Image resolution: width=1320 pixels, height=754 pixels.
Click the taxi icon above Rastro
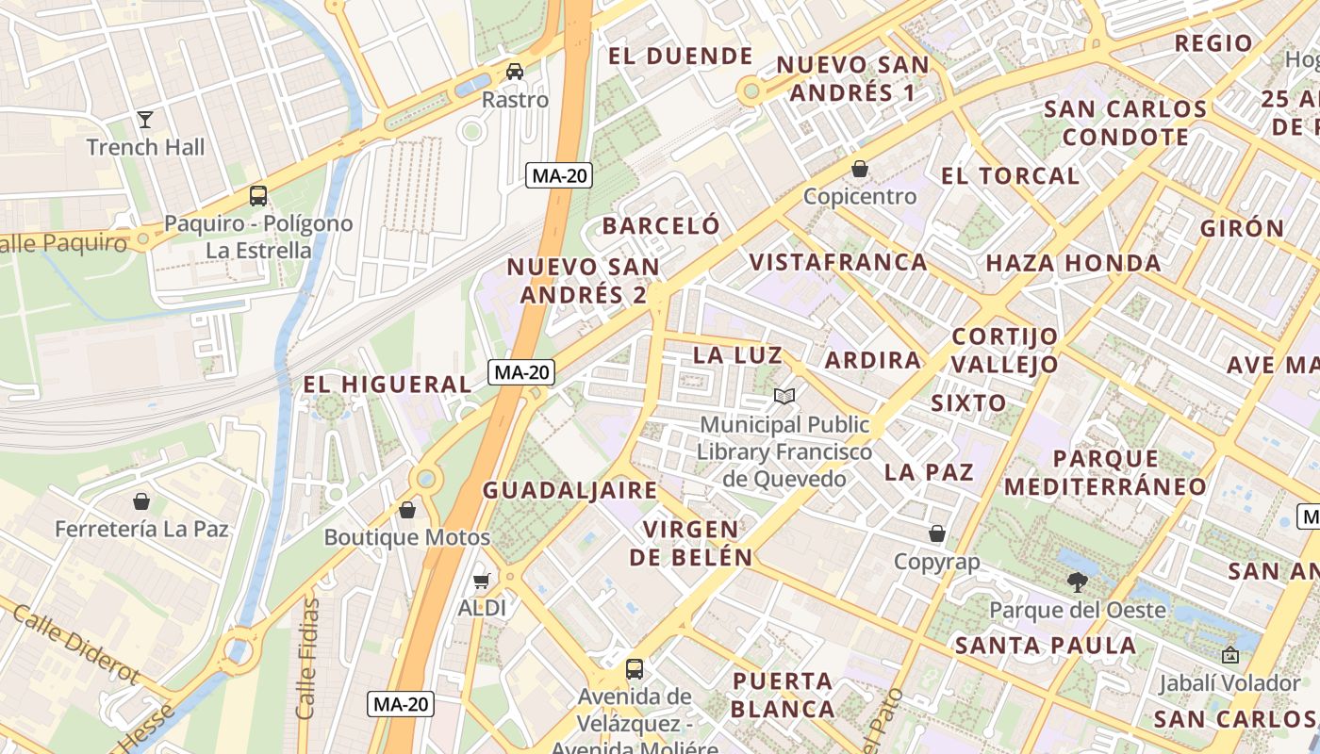coord(515,72)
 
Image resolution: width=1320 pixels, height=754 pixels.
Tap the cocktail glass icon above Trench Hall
coord(145,119)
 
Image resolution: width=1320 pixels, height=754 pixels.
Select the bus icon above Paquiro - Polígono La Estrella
coord(258,196)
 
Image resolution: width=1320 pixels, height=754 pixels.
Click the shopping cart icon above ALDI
coord(482,581)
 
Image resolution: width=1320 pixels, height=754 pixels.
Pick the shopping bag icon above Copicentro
coord(860,169)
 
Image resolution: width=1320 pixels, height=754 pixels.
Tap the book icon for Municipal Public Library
coord(784,397)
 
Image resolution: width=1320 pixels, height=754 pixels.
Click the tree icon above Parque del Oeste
coord(1077,582)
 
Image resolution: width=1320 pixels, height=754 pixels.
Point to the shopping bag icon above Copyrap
coord(937,534)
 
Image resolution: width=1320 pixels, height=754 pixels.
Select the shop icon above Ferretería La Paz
coord(141,500)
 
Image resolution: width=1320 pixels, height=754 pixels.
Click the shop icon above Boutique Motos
coord(407,510)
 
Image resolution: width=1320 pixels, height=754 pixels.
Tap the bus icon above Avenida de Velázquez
coord(635,669)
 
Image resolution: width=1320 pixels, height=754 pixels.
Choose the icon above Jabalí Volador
coord(1229,655)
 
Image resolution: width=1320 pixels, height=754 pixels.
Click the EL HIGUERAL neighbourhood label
coord(387,385)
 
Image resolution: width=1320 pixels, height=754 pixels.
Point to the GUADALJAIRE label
coord(569,490)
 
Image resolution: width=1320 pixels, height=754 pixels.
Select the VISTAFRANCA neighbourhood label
coord(838,262)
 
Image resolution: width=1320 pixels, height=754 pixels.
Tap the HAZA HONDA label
coord(1073,263)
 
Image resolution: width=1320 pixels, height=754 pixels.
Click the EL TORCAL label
coord(1010,176)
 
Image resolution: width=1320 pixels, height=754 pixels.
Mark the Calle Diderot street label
coord(74,644)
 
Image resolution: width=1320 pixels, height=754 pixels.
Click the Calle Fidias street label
coord(307,657)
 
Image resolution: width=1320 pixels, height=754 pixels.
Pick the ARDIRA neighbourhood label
coord(872,360)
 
